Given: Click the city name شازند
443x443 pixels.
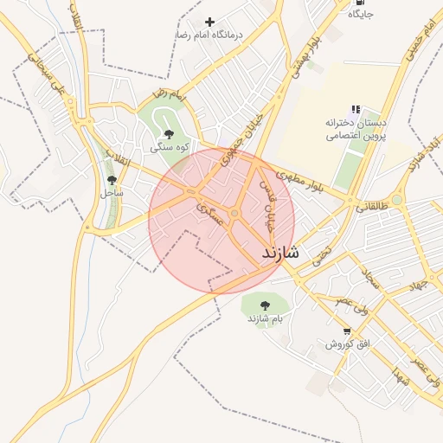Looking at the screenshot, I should tap(279, 253).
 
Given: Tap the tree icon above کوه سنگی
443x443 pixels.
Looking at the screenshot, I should tap(168, 134).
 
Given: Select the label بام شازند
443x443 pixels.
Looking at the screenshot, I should tap(265, 318).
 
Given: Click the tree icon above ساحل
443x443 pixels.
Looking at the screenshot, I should tap(112, 179).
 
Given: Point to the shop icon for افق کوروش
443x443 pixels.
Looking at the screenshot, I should tap(347, 331).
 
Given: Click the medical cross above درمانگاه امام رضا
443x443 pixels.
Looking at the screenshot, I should tap(209, 22).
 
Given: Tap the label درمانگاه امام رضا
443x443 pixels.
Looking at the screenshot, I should tap(210, 35).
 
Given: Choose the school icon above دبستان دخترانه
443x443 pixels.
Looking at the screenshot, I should tap(356, 109).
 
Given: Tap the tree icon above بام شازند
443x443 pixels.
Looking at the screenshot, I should tap(264, 305).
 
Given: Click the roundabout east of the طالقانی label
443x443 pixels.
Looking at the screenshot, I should tap(396, 200).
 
